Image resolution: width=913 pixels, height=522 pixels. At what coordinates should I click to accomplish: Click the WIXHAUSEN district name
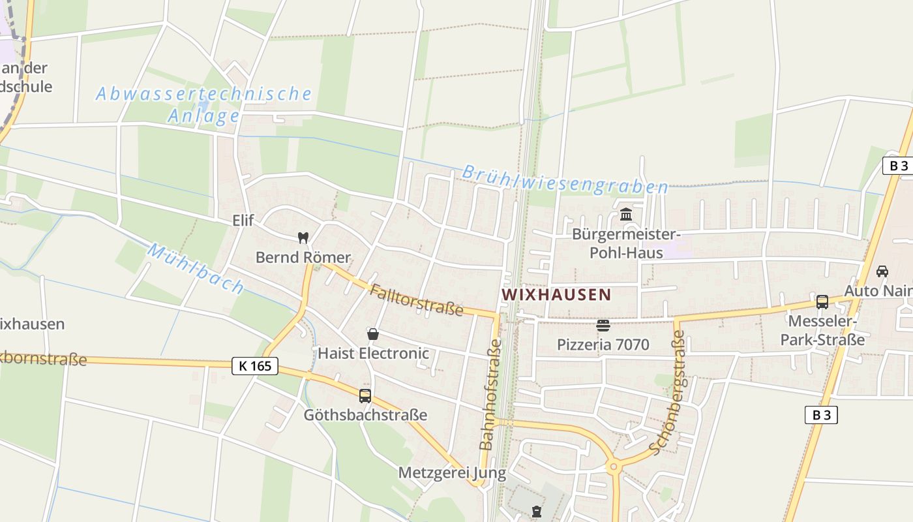(x=556, y=294)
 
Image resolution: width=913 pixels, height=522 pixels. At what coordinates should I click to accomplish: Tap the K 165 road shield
(x=255, y=366)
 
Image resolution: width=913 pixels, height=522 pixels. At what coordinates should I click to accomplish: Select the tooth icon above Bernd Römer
(x=303, y=238)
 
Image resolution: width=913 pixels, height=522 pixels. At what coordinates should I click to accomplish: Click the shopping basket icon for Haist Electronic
(x=373, y=334)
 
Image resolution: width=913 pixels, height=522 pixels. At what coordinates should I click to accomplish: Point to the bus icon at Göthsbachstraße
(x=365, y=395)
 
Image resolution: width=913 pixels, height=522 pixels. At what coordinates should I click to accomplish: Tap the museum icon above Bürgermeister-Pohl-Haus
(x=626, y=214)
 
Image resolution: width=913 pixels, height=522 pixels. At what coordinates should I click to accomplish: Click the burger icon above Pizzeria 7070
(x=603, y=325)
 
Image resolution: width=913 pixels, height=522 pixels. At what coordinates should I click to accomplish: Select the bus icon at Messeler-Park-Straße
(x=822, y=302)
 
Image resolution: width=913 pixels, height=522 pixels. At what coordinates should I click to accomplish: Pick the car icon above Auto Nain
(x=882, y=271)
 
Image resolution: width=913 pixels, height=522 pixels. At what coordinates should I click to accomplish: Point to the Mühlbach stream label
(x=196, y=268)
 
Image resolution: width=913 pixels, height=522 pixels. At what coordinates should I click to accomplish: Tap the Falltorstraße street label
(x=416, y=300)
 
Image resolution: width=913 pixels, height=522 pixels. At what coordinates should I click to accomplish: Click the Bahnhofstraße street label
(x=490, y=394)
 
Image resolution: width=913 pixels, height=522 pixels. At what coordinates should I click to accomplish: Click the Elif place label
(x=243, y=221)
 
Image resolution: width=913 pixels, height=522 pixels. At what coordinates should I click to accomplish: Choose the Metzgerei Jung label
(x=452, y=472)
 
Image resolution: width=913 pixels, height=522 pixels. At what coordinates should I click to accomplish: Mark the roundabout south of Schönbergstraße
(x=612, y=467)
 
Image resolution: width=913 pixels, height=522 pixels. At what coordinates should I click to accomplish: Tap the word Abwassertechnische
(x=203, y=94)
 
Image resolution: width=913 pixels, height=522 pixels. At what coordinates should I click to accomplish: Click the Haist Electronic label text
(x=373, y=353)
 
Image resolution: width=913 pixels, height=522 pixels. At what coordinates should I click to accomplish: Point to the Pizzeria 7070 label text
(x=603, y=344)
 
